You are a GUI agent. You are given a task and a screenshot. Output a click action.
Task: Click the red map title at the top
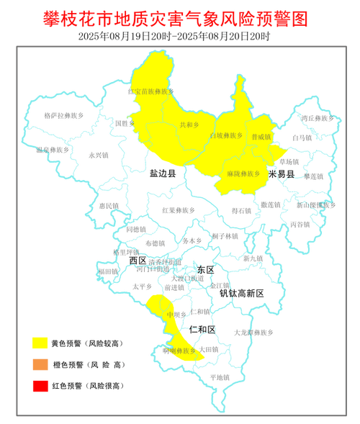click(180, 17)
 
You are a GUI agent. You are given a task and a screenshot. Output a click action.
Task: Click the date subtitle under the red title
click(180, 35)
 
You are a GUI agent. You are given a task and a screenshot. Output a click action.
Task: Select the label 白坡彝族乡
click(222, 135)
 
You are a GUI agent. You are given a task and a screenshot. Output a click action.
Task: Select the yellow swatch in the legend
click(40, 343)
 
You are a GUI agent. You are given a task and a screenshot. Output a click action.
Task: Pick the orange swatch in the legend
click(40, 364)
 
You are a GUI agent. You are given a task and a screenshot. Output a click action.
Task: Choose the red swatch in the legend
click(40, 385)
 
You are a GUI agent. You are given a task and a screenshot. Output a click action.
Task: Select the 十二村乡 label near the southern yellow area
click(192, 329)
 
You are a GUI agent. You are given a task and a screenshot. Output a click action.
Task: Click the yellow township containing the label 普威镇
click(263, 148)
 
